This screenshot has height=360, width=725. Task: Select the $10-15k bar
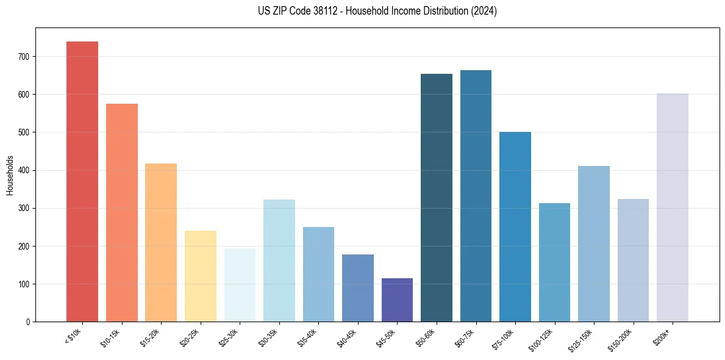(121, 213)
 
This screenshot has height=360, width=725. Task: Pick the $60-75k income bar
(476, 196)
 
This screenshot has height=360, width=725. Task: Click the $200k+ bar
(673, 207)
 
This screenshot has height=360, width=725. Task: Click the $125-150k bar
(594, 244)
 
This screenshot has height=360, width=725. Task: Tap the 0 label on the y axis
(28, 322)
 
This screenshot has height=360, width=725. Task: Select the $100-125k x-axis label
(542, 339)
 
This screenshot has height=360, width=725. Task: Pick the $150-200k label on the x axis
(621, 339)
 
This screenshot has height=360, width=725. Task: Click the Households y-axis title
(10, 175)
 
